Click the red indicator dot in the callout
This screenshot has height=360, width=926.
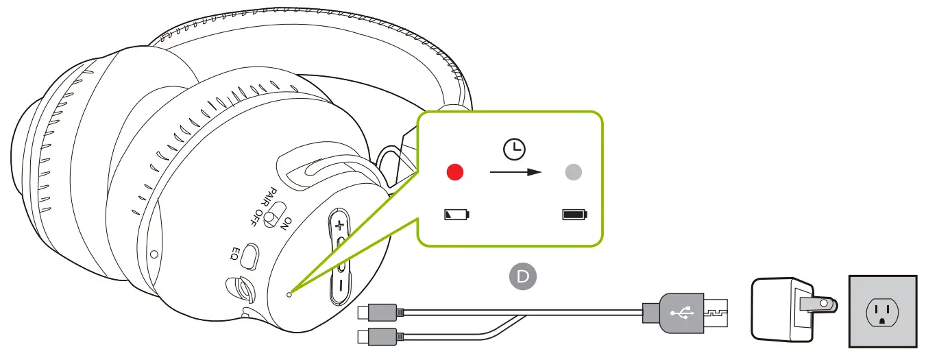tap(455, 172)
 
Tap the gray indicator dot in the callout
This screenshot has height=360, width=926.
tap(573, 172)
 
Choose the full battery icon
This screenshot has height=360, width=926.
tap(575, 215)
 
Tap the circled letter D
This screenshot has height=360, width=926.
tap(523, 276)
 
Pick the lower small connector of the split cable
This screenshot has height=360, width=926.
tap(376, 336)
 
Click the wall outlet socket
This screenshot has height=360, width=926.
tap(881, 313)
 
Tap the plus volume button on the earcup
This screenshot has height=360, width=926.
tap(339, 224)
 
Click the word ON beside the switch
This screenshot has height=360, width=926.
tap(287, 224)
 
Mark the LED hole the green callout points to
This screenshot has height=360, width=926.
tap(289, 293)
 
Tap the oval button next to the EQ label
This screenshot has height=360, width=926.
tap(252, 256)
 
